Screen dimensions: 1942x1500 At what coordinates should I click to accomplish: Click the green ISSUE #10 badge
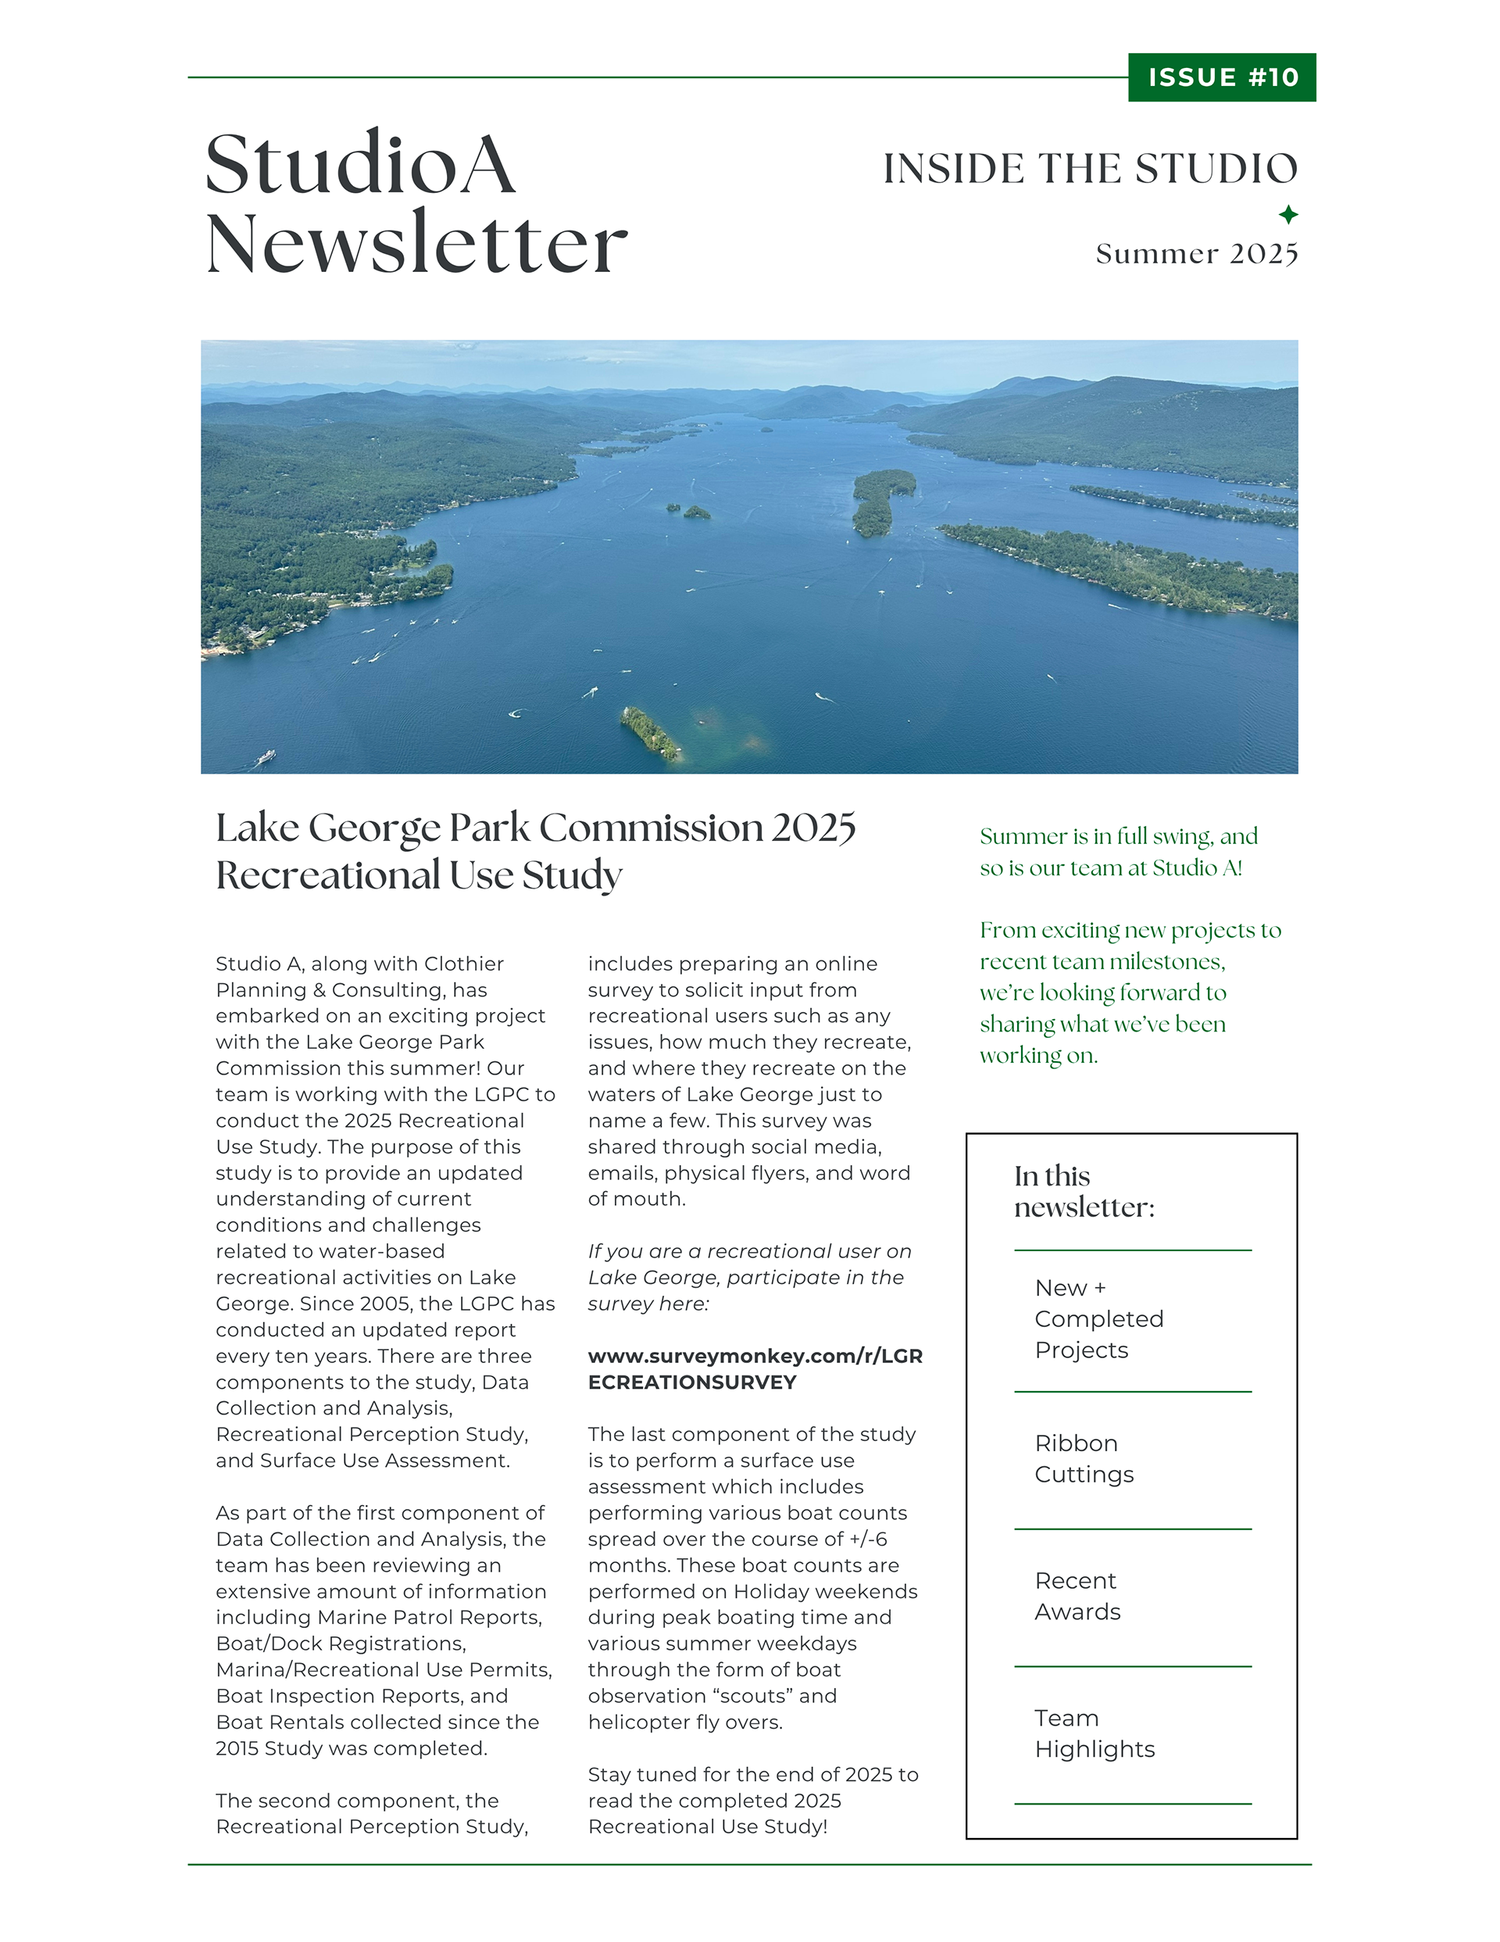pyautogui.click(x=1221, y=77)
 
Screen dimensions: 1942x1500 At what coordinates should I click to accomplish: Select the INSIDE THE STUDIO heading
pyautogui.click(x=1089, y=169)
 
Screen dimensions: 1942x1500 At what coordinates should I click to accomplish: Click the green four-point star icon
pyautogui.click(x=1287, y=214)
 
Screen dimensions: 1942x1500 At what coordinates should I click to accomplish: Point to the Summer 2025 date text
pyautogui.click(x=1196, y=254)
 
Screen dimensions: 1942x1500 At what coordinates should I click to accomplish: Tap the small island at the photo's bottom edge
pyautogui.click(x=652, y=733)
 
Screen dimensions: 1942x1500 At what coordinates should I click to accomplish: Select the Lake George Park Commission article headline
pyautogui.click(x=534, y=851)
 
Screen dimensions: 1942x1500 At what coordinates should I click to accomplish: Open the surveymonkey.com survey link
pyautogui.click(x=754, y=1368)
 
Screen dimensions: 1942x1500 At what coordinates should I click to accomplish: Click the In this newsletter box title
pyautogui.click(x=1084, y=1192)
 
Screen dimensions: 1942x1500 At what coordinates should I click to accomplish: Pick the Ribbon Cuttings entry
pyautogui.click(x=1083, y=1458)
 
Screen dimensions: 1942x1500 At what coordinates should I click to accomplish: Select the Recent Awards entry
pyautogui.click(x=1077, y=1596)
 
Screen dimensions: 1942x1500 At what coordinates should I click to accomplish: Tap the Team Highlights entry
pyautogui.click(x=1094, y=1733)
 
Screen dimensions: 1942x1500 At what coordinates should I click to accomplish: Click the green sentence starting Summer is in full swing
pyautogui.click(x=1118, y=852)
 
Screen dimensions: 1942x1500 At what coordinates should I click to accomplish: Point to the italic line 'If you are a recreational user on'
pyautogui.click(x=748, y=1251)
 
